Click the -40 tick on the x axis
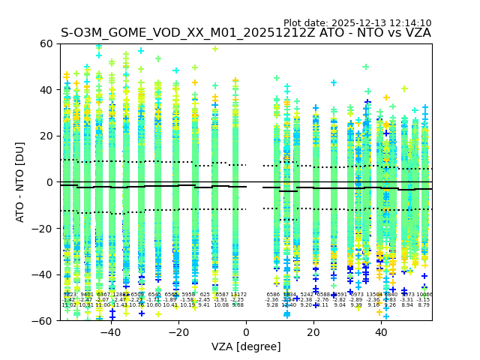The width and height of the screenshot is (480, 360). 110,320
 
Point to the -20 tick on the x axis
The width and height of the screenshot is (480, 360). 178,320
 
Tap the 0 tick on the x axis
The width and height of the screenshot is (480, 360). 246,320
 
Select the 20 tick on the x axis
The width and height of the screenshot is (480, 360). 313,320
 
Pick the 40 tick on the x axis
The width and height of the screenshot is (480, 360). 382,320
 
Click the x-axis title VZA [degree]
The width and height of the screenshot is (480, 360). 246,346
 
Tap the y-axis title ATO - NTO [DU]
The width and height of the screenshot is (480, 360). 21,182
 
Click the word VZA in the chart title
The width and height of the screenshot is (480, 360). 417,33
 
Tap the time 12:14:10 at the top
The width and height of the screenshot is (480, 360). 409,23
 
